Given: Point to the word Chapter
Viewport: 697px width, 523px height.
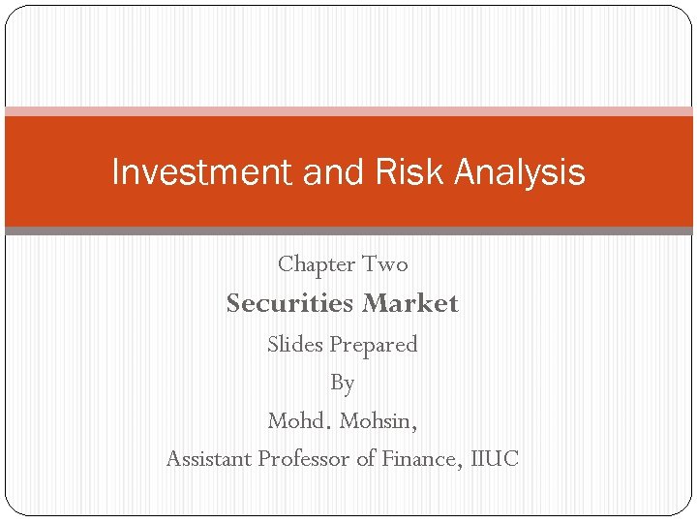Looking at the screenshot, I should tap(317, 264).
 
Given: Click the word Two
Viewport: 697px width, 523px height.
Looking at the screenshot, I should tap(385, 264).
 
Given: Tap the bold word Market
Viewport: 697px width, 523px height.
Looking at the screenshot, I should tap(410, 304).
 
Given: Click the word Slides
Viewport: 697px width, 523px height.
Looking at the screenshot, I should tap(295, 345).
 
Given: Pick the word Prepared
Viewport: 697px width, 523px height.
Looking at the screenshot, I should tap(374, 345).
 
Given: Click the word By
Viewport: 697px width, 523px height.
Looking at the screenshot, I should tap(343, 384).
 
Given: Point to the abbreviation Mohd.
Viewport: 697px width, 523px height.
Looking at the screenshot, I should tap(299, 422).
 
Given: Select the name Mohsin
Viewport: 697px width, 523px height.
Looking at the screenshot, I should tap(379, 422).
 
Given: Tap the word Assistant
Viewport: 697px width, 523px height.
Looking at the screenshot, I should tap(209, 459).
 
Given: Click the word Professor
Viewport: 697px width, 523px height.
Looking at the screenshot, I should tap(304, 459).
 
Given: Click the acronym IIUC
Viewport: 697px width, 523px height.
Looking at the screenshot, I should tap(495, 459).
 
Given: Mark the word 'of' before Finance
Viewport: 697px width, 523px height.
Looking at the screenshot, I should tap(366, 459).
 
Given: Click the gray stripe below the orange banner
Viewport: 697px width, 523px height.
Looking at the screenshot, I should tap(348, 231).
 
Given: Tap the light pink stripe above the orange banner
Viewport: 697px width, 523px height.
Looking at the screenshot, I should tap(348, 111).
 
